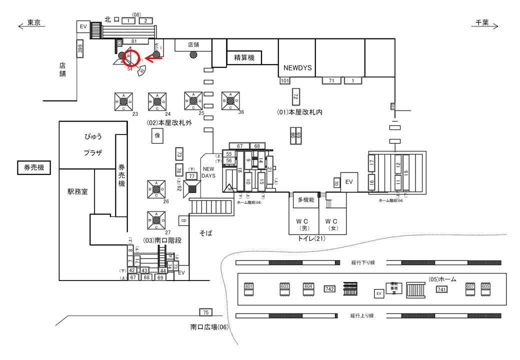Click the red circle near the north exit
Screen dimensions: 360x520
(132, 58)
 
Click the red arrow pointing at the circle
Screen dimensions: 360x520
(155, 58)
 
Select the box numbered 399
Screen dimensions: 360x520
(79, 48)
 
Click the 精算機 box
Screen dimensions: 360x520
(244, 58)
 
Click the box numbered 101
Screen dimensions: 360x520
(285, 80)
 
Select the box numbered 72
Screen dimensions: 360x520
(295, 96)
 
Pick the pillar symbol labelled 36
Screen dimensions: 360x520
(230, 100)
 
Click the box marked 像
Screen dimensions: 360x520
(157, 135)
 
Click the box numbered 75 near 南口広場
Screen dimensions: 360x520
(205, 312)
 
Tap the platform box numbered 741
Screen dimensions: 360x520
(441, 289)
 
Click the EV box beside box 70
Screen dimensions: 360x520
(348, 181)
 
